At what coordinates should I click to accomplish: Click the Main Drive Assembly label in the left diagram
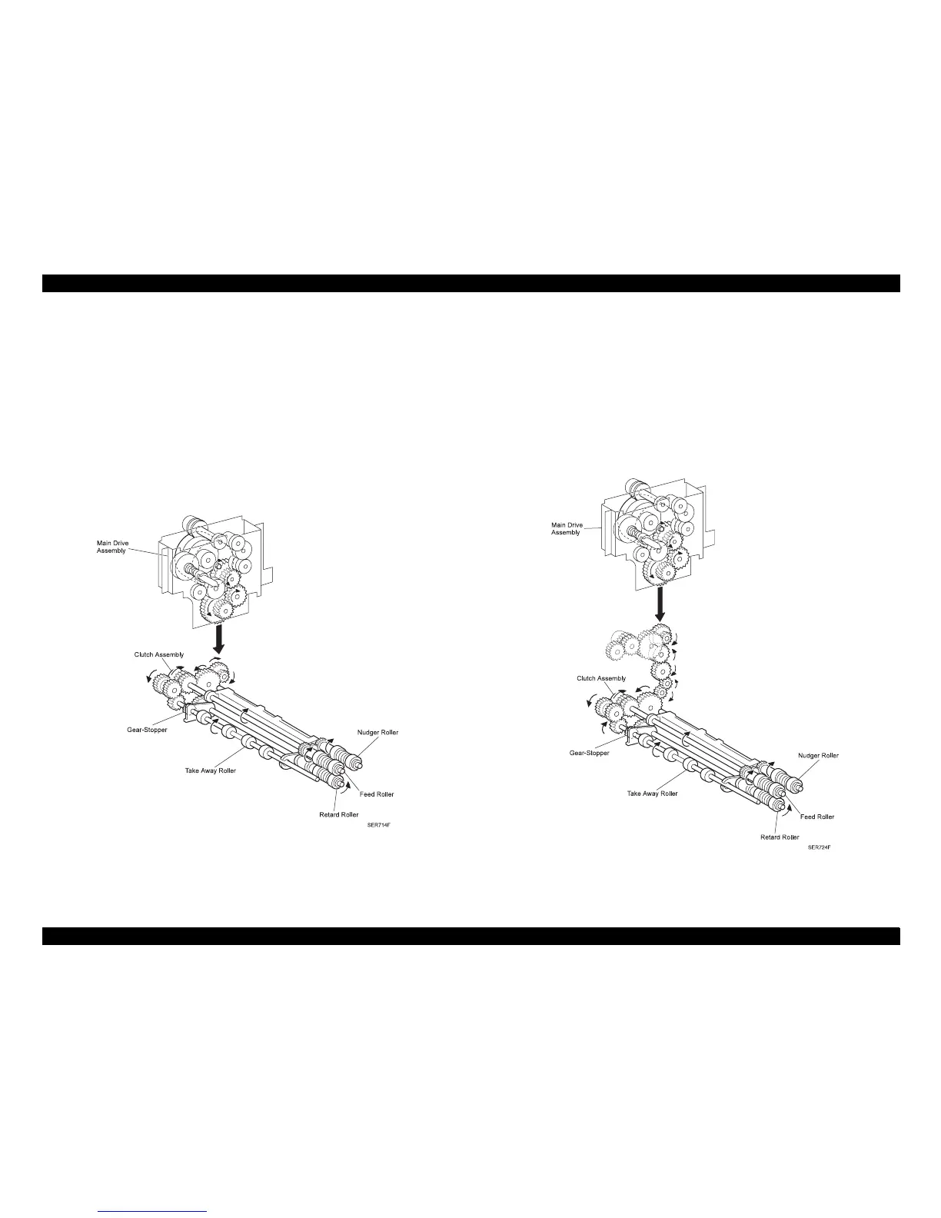(112, 547)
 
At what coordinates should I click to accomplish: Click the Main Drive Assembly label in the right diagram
(567, 528)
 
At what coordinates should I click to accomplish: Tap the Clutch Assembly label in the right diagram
(601, 678)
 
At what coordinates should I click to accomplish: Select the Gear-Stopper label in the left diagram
(147, 729)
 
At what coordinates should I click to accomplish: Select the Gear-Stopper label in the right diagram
(589, 753)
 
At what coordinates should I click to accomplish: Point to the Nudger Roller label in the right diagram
(819, 755)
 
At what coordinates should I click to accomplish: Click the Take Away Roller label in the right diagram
(652, 794)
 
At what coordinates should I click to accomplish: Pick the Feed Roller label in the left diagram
(377, 794)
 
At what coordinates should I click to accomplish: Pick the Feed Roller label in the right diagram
(816, 817)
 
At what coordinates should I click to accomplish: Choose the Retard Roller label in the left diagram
(339, 814)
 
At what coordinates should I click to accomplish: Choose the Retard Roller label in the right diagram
(780, 837)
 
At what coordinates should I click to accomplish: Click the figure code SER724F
(819, 848)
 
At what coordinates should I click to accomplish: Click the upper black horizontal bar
(470, 283)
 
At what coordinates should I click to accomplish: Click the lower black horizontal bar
(470, 936)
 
